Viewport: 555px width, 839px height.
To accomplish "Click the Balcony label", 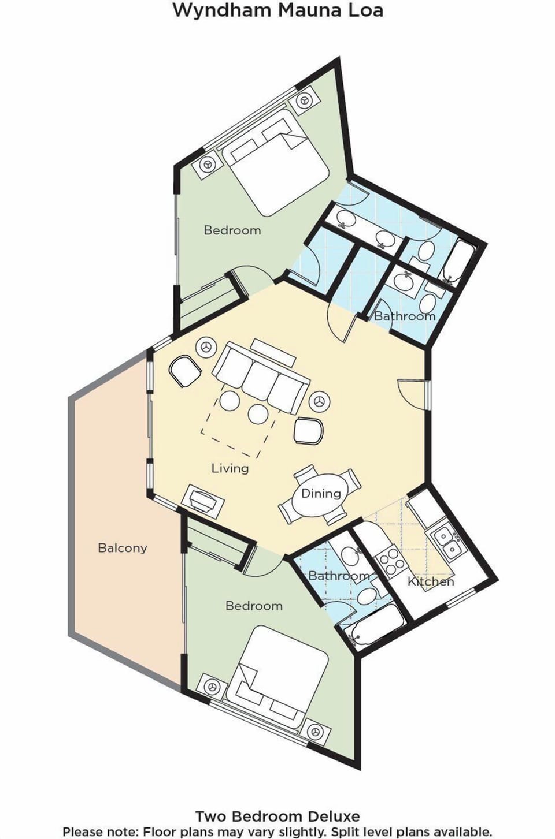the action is point(122,548).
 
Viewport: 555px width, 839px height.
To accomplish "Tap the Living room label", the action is point(230,468).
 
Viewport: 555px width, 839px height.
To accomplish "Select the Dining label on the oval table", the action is point(321,493).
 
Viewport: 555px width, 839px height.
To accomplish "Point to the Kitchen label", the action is point(431,581).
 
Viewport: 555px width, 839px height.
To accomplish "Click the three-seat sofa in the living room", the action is point(261,379).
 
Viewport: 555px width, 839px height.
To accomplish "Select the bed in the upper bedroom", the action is point(276,162).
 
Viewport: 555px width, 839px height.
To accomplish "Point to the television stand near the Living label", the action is point(203,502).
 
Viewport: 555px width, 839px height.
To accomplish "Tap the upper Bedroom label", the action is point(232,230).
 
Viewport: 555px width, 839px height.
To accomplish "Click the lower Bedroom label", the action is point(254,606).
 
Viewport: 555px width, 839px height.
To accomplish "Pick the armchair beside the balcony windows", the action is point(185,371).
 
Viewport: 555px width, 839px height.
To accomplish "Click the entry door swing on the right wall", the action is point(412,394).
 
